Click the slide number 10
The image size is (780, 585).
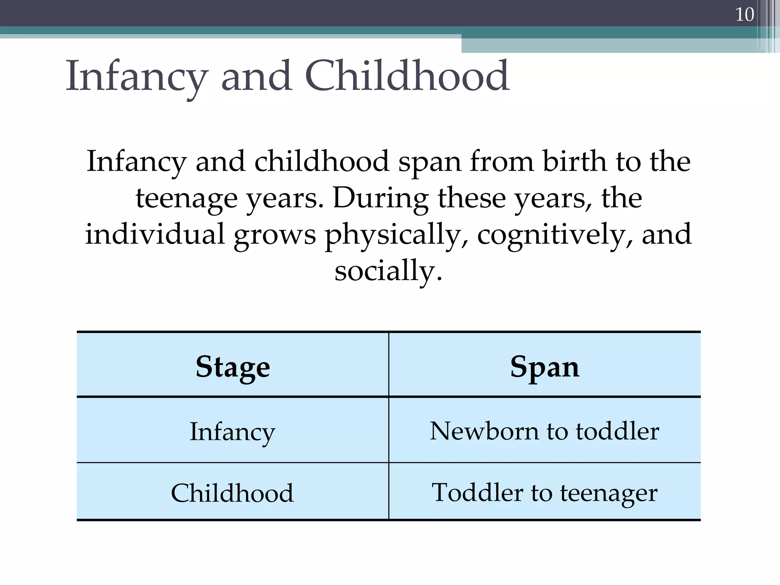tap(744, 15)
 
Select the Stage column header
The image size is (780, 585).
tap(233, 367)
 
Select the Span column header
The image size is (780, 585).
tap(545, 367)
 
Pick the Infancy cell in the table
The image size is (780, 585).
tap(232, 432)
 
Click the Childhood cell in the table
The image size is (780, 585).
tap(232, 493)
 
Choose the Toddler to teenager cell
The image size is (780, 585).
tap(545, 492)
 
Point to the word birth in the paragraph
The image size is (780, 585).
tap(574, 161)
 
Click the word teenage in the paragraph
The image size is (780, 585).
tap(187, 198)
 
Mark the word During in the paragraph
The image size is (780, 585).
tap(380, 198)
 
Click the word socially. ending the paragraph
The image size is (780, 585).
tap(388, 271)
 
